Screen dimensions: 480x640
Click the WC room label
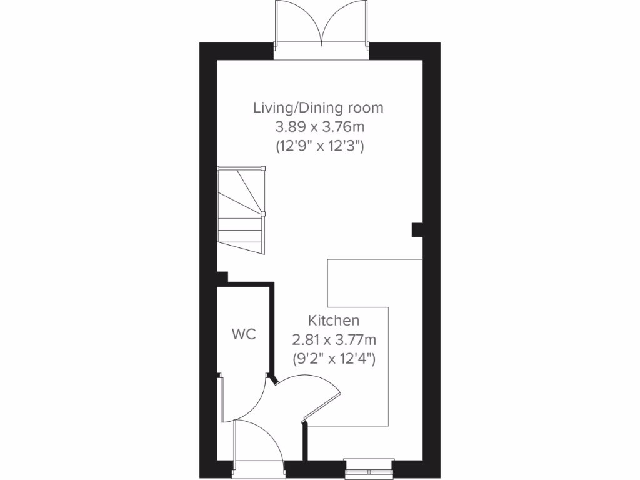click(x=244, y=334)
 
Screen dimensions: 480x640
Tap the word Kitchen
click(x=334, y=321)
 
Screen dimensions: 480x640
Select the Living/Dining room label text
click(x=318, y=107)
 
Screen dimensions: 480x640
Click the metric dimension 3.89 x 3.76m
click(x=320, y=127)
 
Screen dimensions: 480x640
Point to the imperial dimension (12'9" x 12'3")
click(x=320, y=147)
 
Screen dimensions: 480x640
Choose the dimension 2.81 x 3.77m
click(x=334, y=340)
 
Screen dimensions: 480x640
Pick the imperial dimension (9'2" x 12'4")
click(x=334, y=359)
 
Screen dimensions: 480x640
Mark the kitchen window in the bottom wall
click(x=369, y=467)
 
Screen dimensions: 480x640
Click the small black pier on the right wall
click(x=416, y=230)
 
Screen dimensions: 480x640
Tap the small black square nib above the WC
click(x=222, y=276)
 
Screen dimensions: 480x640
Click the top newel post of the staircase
click(x=262, y=168)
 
